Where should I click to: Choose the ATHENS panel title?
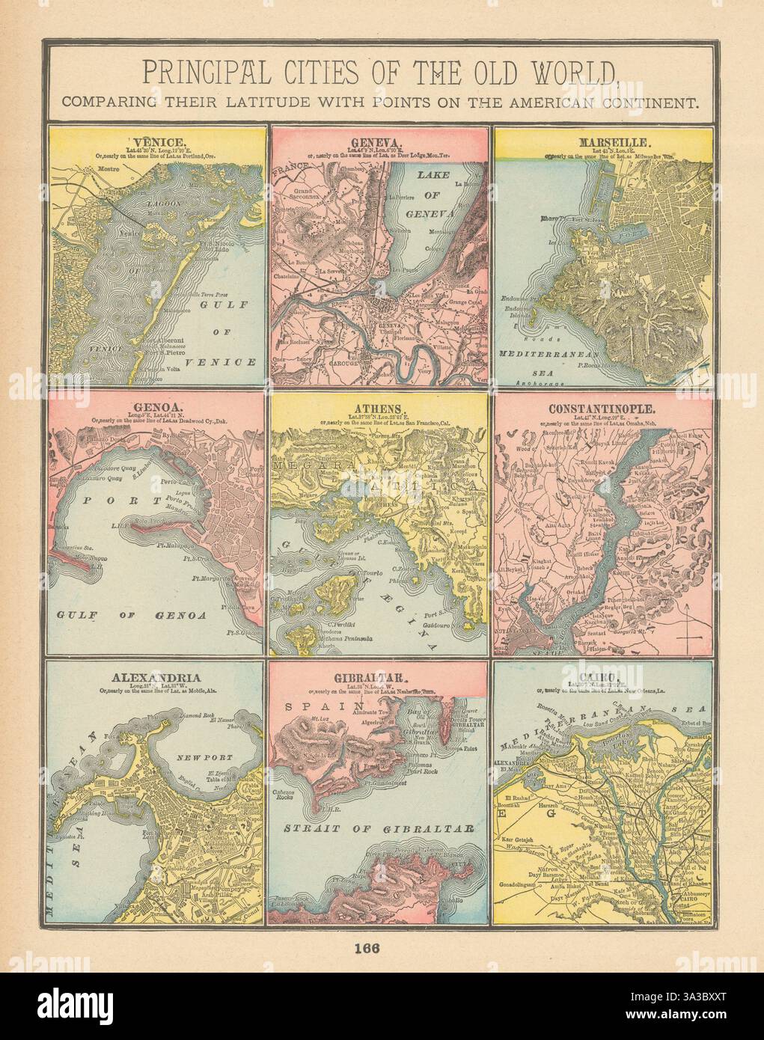tap(379, 409)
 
